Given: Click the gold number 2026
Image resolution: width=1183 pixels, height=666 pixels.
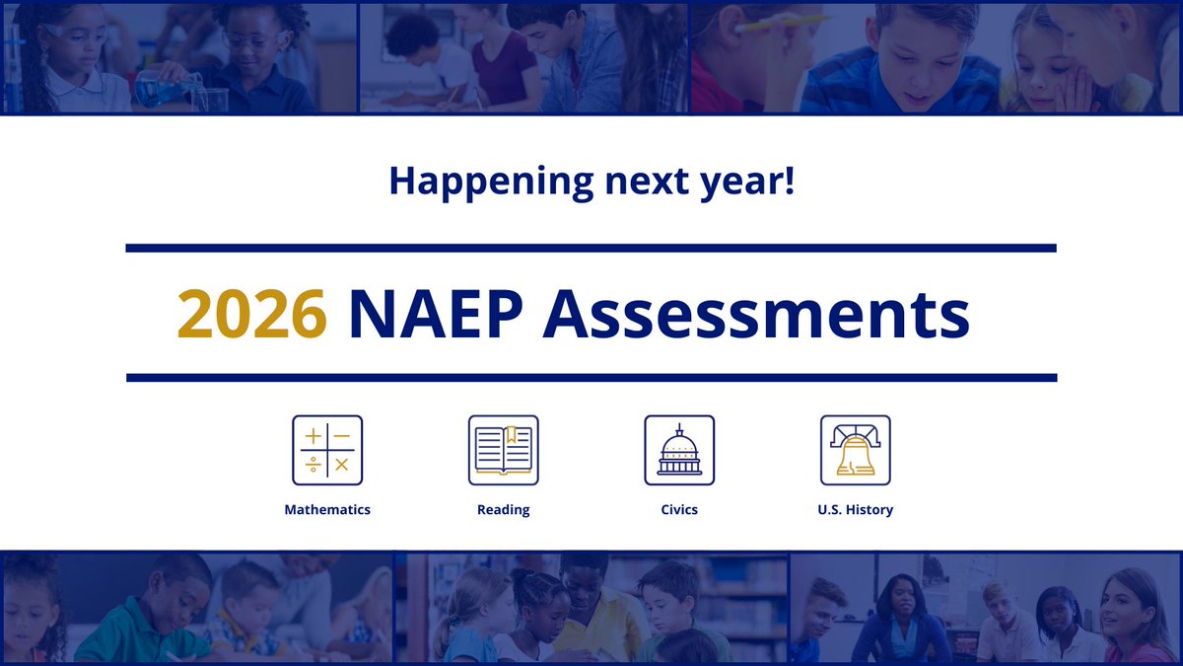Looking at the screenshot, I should tap(251, 314).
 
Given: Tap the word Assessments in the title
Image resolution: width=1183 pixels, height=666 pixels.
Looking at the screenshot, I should tap(756, 314).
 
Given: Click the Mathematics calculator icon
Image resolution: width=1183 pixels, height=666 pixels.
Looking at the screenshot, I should tap(327, 450).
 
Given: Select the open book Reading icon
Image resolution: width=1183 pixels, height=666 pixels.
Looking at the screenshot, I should tap(503, 450).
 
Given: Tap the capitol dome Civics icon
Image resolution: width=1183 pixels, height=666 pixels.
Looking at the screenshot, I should tap(679, 450).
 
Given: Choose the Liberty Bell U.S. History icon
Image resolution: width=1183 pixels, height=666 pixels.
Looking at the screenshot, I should tap(856, 450).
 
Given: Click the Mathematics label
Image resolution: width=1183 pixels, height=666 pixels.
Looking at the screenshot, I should tap(327, 510).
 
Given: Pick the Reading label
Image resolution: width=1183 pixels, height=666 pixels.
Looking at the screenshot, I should tap(503, 510).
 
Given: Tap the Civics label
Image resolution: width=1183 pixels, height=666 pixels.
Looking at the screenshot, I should tap(679, 510).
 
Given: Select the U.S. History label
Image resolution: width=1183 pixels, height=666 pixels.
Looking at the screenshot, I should tap(856, 510).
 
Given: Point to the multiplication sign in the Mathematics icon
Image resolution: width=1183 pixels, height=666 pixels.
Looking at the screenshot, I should tap(342, 465).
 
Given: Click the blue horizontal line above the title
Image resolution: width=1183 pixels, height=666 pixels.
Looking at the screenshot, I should tap(591, 248).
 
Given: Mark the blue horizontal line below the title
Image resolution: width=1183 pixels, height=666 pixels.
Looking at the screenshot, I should tap(591, 378).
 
